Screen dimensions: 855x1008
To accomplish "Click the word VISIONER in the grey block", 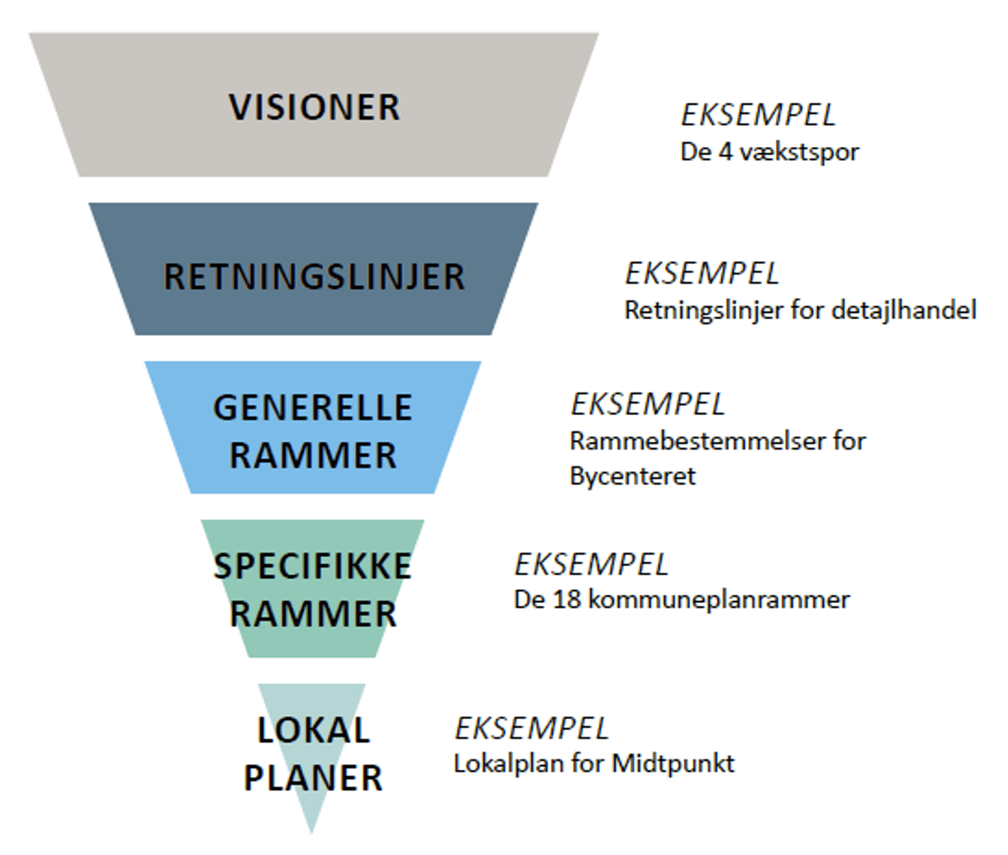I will (314, 108).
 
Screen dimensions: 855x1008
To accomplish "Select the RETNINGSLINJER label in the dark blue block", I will (314, 277).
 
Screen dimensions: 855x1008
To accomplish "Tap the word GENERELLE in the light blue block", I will (313, 408).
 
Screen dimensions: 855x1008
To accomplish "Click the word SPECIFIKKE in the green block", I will (313, 566).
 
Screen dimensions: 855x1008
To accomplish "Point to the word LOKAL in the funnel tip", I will (313, 730).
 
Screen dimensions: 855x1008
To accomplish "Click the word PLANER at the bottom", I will (313, 778).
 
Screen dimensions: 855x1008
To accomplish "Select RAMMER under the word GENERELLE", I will (313, 456).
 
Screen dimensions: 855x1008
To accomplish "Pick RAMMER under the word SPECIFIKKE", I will (313, 614).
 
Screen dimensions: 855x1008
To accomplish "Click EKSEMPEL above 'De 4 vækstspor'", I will (758, 116).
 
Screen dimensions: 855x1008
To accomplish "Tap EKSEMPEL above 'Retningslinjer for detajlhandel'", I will (702, 274).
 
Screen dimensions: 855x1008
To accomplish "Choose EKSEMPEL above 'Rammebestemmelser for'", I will (648, 404).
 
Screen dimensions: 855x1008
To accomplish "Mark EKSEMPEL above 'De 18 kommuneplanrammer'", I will (591, 565).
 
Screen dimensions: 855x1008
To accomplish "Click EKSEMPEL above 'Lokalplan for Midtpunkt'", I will (532, 729).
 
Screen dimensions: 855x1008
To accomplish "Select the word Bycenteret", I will (632, 476).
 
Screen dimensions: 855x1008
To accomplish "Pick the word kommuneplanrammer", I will (719, 600).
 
